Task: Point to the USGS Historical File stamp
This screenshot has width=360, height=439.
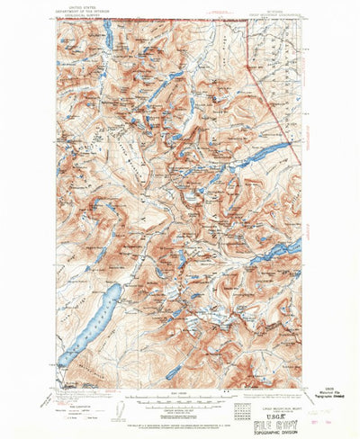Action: [327, 380]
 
